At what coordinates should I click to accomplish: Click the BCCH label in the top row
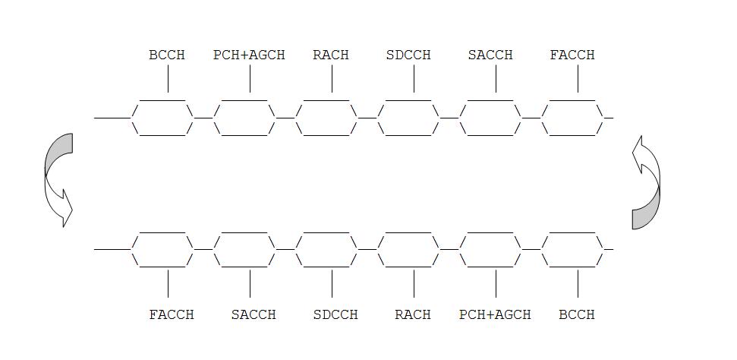(x=167, y=55)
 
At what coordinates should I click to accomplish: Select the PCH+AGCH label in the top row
(x=249, y=55)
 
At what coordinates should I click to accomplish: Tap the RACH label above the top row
(x=331, y=55)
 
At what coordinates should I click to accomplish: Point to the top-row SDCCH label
(x=408, y=55)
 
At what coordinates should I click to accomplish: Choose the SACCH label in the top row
(x=490, y=55)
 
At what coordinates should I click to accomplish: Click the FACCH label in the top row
(x=572, y=55)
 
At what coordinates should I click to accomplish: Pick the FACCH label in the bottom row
(x=172, y=314)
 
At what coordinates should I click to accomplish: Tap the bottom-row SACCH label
(x=254, y=314)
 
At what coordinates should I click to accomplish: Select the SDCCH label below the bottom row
(x=335, y=314)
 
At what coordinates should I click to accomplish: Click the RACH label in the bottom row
(x=413, y=314)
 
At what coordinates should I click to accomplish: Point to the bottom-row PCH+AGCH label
(x=495, y=314)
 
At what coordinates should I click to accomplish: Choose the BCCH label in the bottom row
(x=577, y=314)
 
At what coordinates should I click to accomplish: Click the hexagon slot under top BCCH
(x=162, y=118)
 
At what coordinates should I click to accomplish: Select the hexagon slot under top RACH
(x=326, y=118)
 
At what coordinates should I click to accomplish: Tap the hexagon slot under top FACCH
(x=572, y=118)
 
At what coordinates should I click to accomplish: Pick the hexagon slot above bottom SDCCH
(x=326, y=248)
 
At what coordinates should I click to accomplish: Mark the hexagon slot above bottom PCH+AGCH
(x=490, y=248)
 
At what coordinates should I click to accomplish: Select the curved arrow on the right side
(x=646, y=182)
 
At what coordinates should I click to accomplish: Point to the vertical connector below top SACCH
(x=496, y=79)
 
